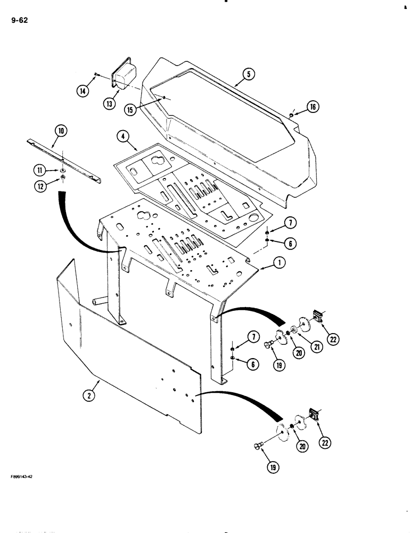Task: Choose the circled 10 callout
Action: pyautogui.click(x=60, y=130)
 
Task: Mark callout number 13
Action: pyautogui.click(x=109, y=104)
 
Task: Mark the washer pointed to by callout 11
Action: pyautogui.click(x=62, y=170)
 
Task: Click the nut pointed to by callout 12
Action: pyautogui.click(x=62, y=177)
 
